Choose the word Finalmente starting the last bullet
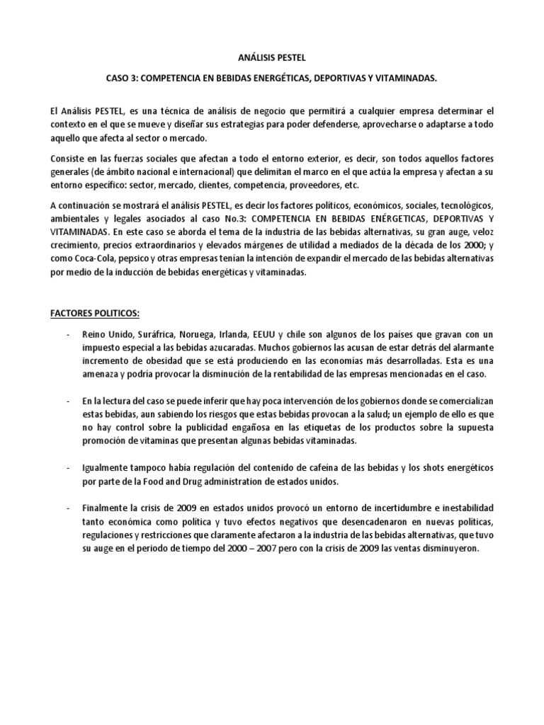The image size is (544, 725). (106, 509)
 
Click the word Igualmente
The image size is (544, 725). (107, 469)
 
